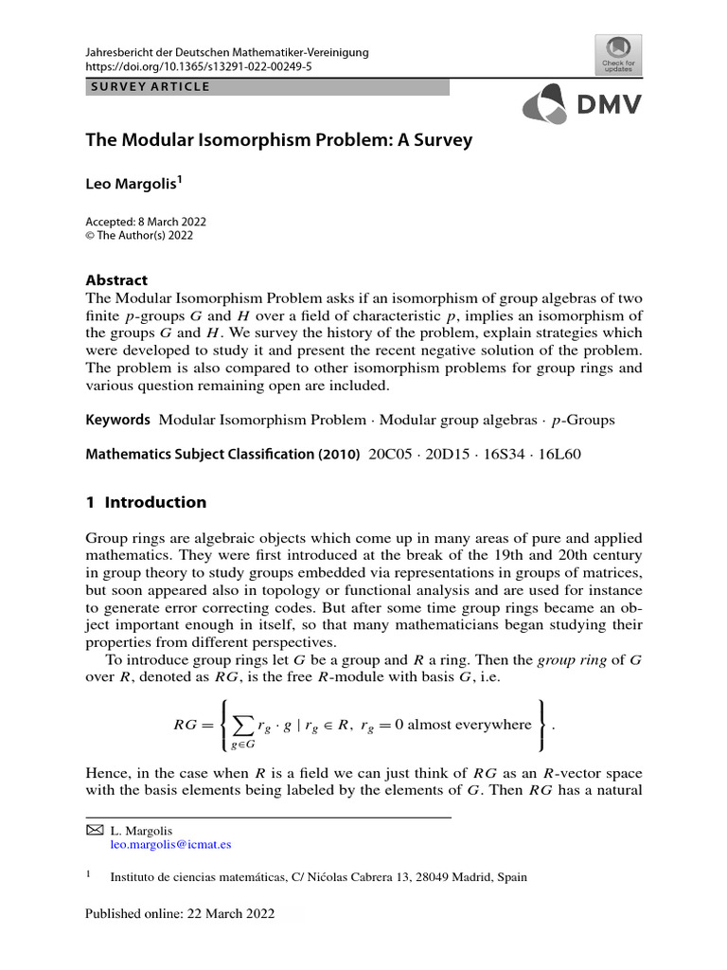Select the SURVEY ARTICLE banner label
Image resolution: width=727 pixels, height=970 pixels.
click(150, 88)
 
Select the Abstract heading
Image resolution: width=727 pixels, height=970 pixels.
click(117, 281)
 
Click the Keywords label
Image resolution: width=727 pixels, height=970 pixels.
click(118, 420)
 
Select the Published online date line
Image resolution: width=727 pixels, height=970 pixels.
click(180, 913)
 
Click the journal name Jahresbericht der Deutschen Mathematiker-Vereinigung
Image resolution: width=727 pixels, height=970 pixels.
click(227, 53)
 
